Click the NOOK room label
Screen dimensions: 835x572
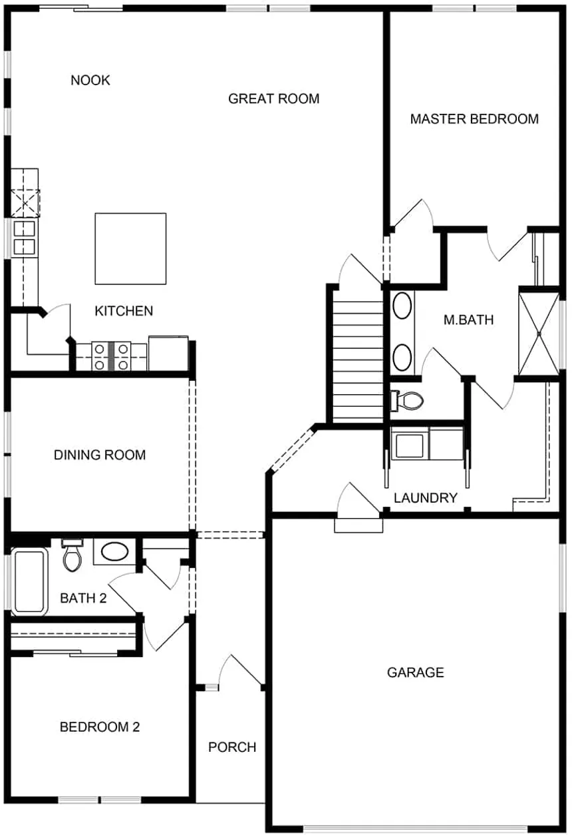click(x=90, y=81)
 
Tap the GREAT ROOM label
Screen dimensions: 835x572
click(x=273, y=99)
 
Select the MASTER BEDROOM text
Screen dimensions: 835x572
click(x=474, y=119)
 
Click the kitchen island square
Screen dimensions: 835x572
click(x=130, y=248)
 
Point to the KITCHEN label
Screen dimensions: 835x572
click(x=124, y=311)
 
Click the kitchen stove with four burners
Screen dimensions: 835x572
click(x=111, y=356)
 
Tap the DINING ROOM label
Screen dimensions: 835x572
click(x=100, y=455)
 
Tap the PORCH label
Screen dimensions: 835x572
click(x=232, y=747)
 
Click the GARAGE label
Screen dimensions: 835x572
click(x=416, y=673)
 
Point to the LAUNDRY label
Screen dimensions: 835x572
click(x=426, y=498)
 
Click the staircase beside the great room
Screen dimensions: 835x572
click(x=357, y=360)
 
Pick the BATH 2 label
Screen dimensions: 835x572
click(x=83, y=598)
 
